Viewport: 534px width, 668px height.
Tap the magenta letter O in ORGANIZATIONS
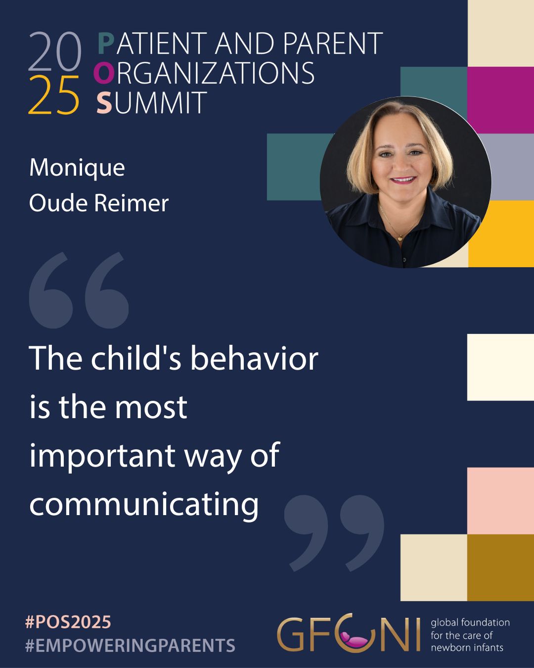coord(103,73)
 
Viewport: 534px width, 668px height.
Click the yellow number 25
coord(54,95)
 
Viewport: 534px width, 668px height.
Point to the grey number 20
coord(55,51)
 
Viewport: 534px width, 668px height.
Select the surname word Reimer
coord(131,204)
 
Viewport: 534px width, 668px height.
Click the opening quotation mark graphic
coord(79,290)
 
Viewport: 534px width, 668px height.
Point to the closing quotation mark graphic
coord(334,532)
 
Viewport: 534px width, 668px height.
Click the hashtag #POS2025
coord(68,622)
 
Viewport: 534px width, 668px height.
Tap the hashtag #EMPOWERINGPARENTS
coord(130,645)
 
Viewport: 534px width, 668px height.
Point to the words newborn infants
coord(467,648)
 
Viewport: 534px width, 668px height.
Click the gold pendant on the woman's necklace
coord(400,239)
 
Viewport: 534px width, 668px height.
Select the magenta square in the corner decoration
coord(500,100)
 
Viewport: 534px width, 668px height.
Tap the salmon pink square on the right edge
coord(500,501)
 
